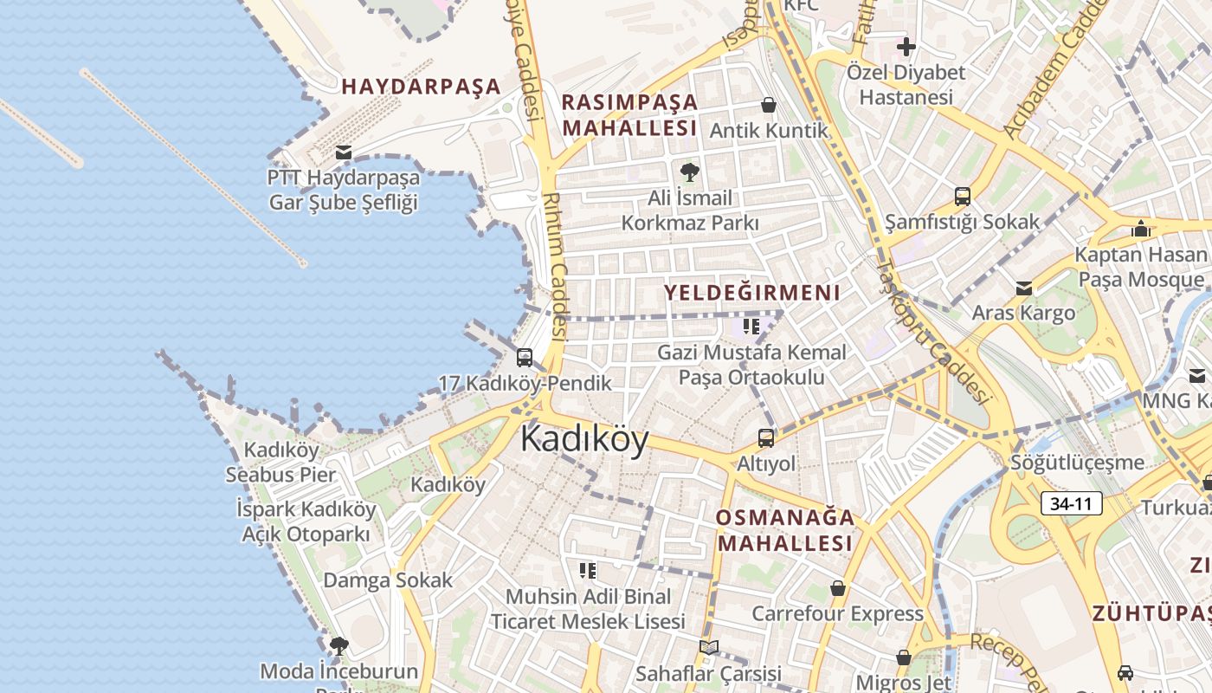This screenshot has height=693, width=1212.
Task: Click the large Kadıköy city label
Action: (584, 440)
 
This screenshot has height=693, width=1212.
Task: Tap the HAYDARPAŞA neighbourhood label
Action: (421, 87)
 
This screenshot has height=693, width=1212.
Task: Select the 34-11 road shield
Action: (1072, 503)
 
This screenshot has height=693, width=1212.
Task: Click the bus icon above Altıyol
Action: (766, 438)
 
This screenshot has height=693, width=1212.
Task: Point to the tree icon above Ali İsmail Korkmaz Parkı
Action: (690, 172)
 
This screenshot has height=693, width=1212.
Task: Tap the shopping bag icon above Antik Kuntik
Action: (768, 106)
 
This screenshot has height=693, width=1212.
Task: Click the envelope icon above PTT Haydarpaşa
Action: (344, 153)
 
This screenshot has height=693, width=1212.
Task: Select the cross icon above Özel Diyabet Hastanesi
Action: (906, 47)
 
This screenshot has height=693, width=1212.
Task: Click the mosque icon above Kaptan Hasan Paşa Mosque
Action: (1141, 229)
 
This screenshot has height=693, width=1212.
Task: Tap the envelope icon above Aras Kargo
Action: (1024, 288)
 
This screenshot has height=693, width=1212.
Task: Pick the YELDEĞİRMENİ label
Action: (752, 293)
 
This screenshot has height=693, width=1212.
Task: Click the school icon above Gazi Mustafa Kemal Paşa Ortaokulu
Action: (751, 327)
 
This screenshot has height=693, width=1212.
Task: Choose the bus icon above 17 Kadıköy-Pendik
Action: (525, 357)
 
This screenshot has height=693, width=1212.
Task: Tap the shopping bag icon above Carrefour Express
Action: (837, 588)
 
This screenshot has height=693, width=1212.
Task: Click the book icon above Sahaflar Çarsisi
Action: (708, 647)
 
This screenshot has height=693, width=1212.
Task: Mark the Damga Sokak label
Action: (388, 580)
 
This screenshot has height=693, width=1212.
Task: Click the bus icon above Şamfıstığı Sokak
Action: (962, 196)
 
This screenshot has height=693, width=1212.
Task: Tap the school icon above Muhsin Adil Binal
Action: (588, 570)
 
